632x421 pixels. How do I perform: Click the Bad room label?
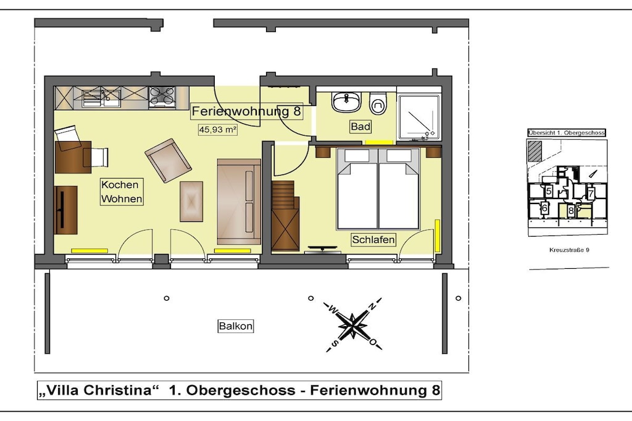coord(360,127)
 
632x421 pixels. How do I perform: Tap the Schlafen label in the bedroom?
coord(373,240)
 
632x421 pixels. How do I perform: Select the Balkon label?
coord(235,326)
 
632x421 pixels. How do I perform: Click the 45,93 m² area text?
coord(217,129)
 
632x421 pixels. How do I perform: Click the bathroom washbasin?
coord(346,102)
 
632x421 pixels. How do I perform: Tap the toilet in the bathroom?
coord(378,103)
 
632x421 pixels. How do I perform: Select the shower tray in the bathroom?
coord(418,117)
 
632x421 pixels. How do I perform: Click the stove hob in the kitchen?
coord(162,97)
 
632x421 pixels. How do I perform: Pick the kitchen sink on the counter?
coord(101,98)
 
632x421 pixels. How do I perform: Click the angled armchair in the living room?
coord(168,160)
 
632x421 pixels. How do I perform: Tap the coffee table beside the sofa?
coord(191,201)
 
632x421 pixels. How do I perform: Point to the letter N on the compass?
coord(373,306)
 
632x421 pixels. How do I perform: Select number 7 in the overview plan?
coord(591,193)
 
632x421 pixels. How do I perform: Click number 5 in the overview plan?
coord(549,191)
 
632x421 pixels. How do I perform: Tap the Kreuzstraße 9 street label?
coord(569,250)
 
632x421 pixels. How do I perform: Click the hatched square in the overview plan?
coord(536,151)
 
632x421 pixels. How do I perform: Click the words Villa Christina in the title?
coord(97,390)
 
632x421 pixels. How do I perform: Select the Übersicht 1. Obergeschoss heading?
coord(567,133)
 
